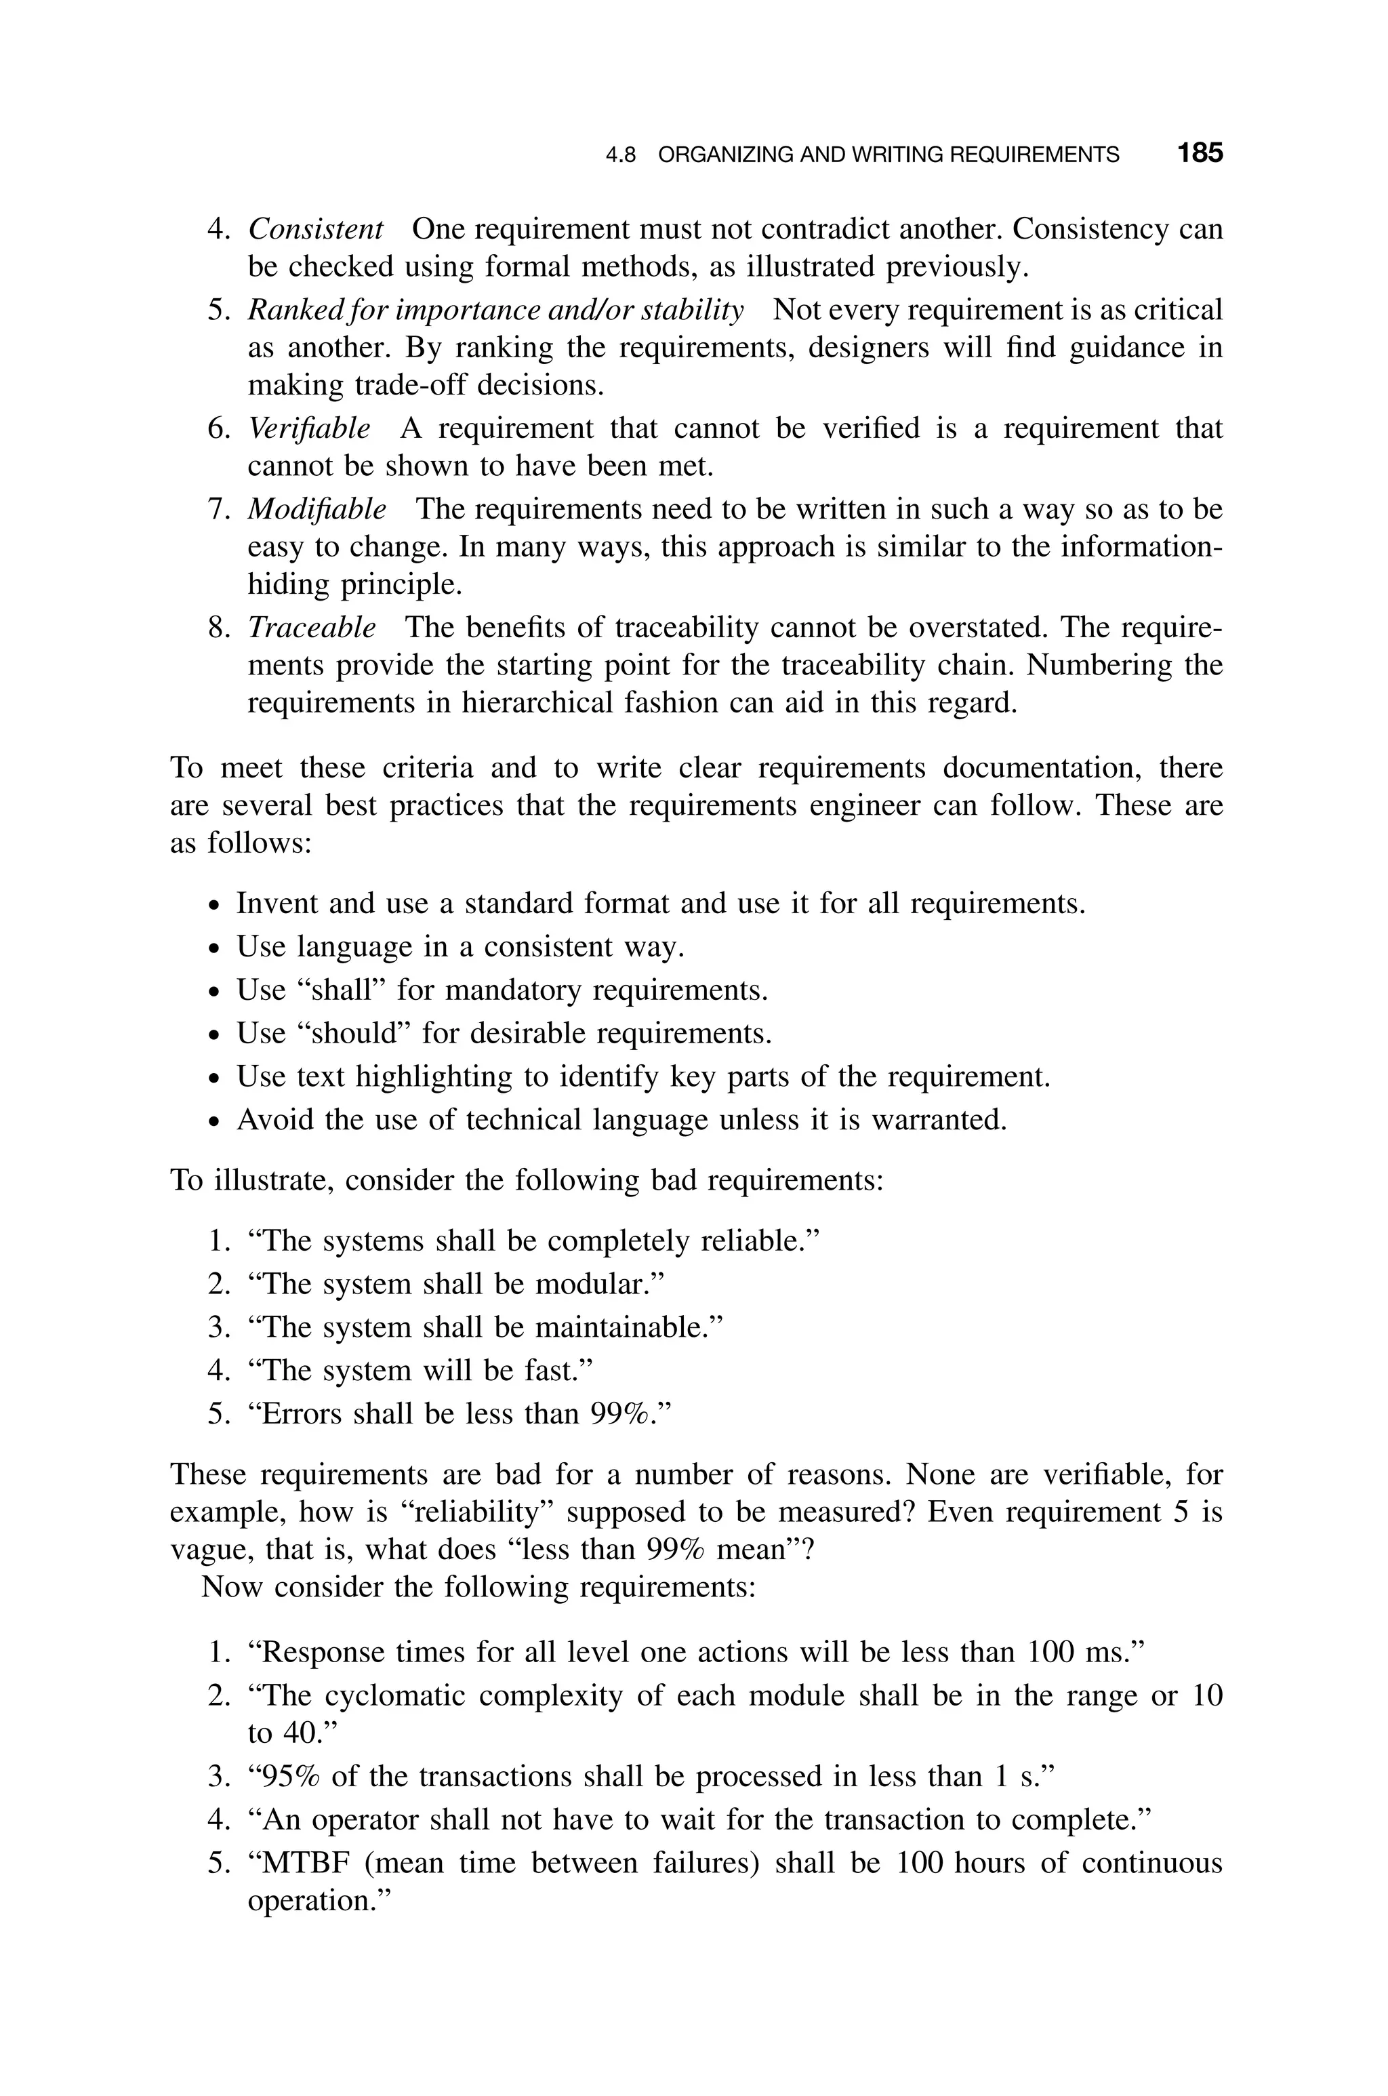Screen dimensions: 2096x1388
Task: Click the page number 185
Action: click(1200, 153)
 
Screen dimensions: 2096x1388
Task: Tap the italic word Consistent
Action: click(315, 228)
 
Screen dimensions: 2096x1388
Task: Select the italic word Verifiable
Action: click(308, 428)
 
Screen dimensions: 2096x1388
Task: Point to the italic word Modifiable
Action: click(316, 509)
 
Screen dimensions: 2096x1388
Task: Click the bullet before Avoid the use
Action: click(213, 1121)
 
